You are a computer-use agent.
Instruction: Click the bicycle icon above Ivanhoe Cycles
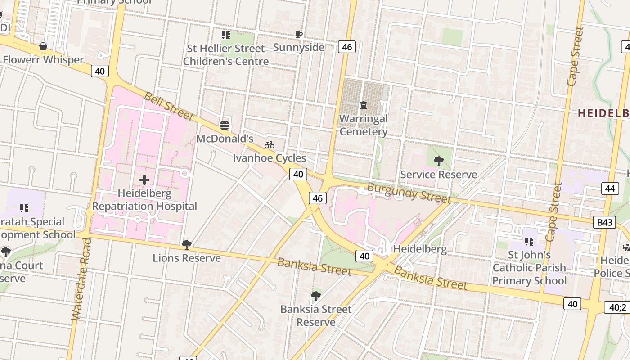[270, 145]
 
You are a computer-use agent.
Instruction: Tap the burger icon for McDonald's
[225, 125]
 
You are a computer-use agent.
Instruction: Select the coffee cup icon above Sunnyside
[298, 34]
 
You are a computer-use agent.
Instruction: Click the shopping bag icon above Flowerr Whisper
[43, 46]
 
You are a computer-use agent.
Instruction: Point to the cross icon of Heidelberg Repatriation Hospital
[144, 180]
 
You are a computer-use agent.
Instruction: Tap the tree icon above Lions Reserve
[186, 245]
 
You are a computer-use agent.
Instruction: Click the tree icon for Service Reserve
[438, 161]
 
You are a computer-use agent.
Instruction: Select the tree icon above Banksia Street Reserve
[316, 296]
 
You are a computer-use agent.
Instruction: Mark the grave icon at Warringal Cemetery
[364, 105]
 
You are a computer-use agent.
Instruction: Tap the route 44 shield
[610, 189]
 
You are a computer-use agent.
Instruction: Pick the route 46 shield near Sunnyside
[347, 47]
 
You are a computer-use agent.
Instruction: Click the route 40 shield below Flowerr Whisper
[100, 71]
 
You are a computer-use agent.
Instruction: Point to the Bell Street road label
[169, 106]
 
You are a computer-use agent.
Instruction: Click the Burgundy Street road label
[409, 193]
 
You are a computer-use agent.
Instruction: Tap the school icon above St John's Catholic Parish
[529, 242]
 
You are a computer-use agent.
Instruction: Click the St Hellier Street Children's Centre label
[226, 55]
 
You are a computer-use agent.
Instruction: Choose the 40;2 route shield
[617, 307]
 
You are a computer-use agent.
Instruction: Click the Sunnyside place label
[299, 47]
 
